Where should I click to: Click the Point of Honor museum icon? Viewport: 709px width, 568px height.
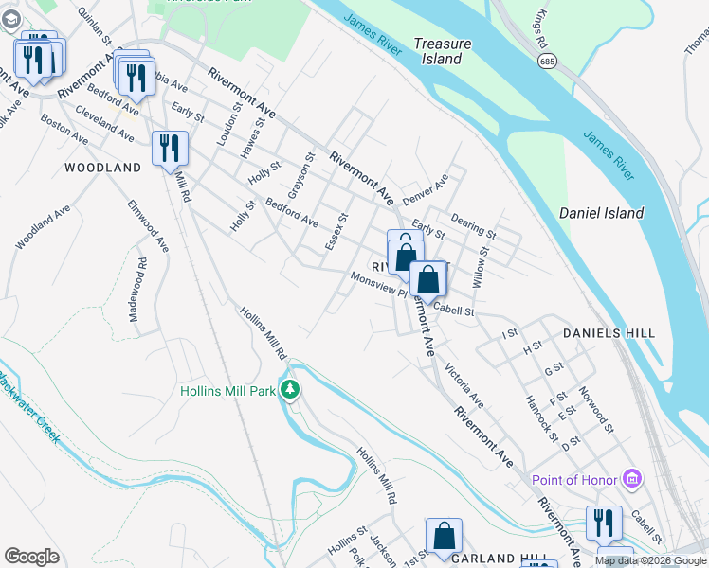pos(632,480)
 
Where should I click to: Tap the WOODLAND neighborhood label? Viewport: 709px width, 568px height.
pos(102,168)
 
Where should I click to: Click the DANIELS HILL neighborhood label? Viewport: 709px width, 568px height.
pos(609,333)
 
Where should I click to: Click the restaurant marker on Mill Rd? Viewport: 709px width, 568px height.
pos(171,149)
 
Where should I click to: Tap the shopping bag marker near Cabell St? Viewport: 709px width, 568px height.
pos(428,279)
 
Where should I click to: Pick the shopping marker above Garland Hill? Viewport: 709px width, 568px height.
pos(444,536)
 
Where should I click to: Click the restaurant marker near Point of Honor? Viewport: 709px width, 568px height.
pos(603,524)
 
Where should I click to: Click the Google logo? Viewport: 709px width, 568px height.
pos(31,557)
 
